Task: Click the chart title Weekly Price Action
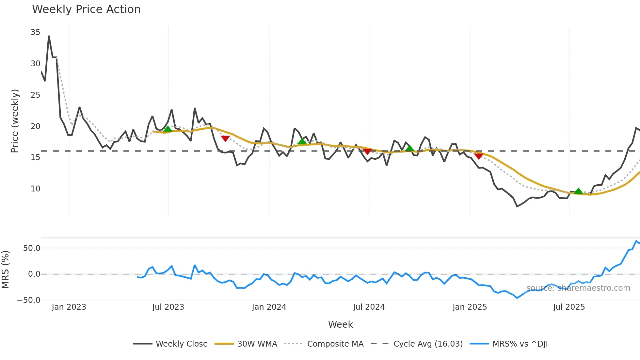tap(86, 9)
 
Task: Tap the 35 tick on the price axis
tap(35, 32)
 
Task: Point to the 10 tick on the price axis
tap(35, 189)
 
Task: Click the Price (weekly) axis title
tap(15, 121)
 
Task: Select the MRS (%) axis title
tap(5, 270)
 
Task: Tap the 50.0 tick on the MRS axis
tap(32, 248)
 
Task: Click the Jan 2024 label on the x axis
tap(269, 307)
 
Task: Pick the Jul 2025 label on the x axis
tap(569, 307)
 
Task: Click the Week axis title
tap(340, 324)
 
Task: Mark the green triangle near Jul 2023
tap(168, 129)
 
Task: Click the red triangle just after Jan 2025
tap(479, 156)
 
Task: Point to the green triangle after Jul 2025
tap(578, 191)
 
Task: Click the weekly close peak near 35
tap(49, 36)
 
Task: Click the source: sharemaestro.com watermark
tap(578, 288)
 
